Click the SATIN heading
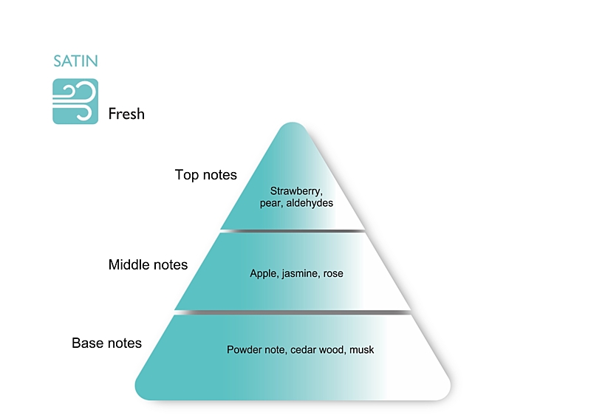[x=76, y=61]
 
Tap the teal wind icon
[x=75, y=101]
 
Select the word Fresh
[x=126, y=114]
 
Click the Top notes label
[x=205, y=175]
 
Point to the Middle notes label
[x=148, y=264]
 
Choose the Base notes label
[x=106, y=343]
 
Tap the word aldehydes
[x=310, y=202]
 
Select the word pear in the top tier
[x=270, y=203]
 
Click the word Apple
[x=262, y=274]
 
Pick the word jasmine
[x=298, y=274]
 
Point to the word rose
[x=333, y=274]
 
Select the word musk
[x=362, y=349]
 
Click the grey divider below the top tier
[x=293, y=230]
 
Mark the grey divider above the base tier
[x=293, y=312]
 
